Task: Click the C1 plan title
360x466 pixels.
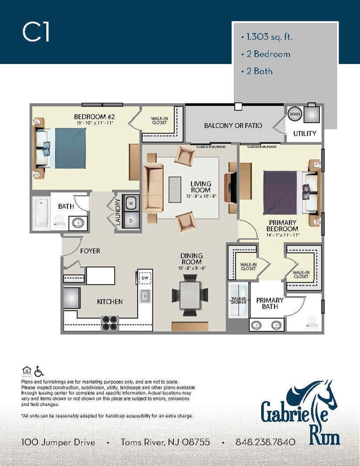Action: (36, 33)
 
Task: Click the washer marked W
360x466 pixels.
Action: (131, 203)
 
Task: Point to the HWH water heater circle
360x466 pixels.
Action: (294, 113)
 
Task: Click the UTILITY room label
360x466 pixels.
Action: (304, 133)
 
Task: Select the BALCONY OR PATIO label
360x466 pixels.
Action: (232, 125)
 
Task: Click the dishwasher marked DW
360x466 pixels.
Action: (145, 277)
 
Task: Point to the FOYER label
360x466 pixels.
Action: (90, 251)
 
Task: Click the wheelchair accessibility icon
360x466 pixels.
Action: (39, 370)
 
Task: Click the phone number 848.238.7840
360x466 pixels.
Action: (265, 442)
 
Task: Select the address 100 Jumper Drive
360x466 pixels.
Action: (58, 442)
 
